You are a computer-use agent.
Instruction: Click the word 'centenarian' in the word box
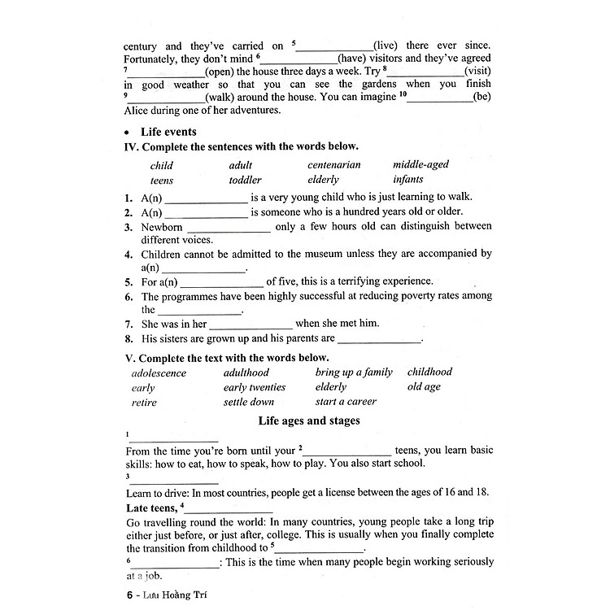tap(333, 165)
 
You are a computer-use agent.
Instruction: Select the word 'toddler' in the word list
tap(245, 180)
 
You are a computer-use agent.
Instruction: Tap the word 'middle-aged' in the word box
tap(420, 165)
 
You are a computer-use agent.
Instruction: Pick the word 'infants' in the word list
tap(407, 180)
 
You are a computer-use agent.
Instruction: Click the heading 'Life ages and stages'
tap(309, 421)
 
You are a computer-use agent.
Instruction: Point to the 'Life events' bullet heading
tap(168, 132)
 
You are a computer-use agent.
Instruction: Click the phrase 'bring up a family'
tap(354, 373)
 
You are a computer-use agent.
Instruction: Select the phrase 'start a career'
tap(346, 402)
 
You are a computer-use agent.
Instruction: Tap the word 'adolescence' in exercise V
tap(159, 373)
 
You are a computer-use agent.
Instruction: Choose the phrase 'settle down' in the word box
tap(248, 402)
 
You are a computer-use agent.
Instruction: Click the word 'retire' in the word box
tap(144, 403)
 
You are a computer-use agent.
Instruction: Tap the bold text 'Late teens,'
tap(151, 508)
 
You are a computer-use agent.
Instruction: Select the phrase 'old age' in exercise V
tap(424, 387)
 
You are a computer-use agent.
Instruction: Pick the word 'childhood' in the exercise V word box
tap(429, 373)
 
